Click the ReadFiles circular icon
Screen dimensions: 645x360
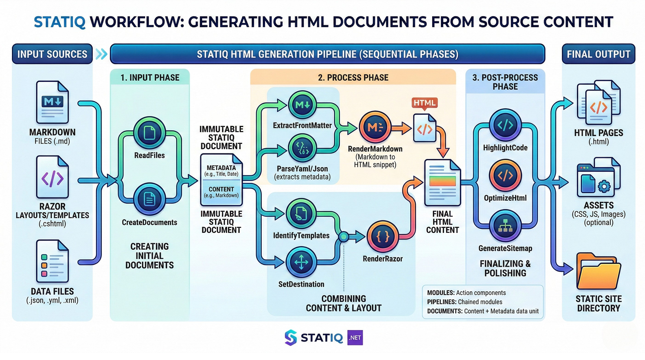point(149,133)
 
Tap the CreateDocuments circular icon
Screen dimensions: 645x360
point(149,199)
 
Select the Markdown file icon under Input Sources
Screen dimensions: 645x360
point(52,102)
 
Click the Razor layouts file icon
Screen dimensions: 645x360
point(52,177)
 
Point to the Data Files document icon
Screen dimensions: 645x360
point(52,261)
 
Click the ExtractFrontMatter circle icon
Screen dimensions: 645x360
point(303,105)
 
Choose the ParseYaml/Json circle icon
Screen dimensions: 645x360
point(303,148)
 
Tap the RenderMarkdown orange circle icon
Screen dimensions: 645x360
point(375,128)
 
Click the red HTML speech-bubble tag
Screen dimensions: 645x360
point(424,103)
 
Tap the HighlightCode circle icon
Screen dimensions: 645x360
point(505,125)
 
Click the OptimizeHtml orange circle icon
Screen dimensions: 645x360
point(505,175)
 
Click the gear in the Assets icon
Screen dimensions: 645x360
point(604,186)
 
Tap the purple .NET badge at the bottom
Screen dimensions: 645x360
point(355,338)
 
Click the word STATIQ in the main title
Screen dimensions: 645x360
point(60,22)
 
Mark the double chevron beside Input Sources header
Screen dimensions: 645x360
point(101,54)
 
